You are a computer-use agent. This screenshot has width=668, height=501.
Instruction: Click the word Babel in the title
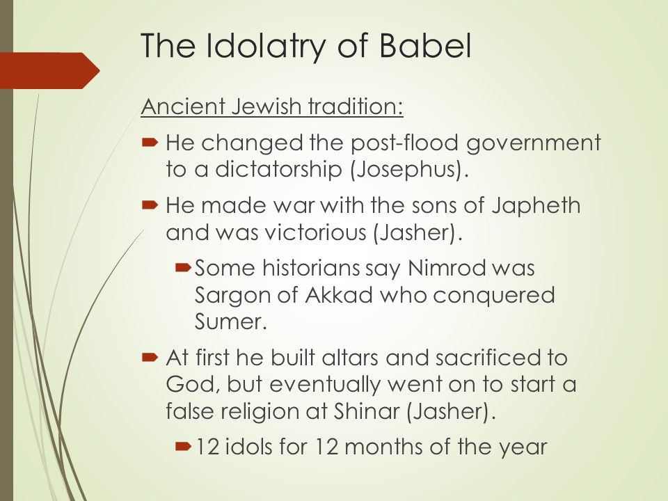[x=425, y=45]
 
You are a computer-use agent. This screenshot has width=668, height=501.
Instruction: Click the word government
[x=534, y=144]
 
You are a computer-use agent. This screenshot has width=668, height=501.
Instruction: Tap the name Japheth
[x=536, y=206]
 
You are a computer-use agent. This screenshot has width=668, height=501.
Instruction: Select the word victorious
[x=315, y=232]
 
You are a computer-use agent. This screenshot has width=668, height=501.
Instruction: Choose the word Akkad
[x=339, y=295]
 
